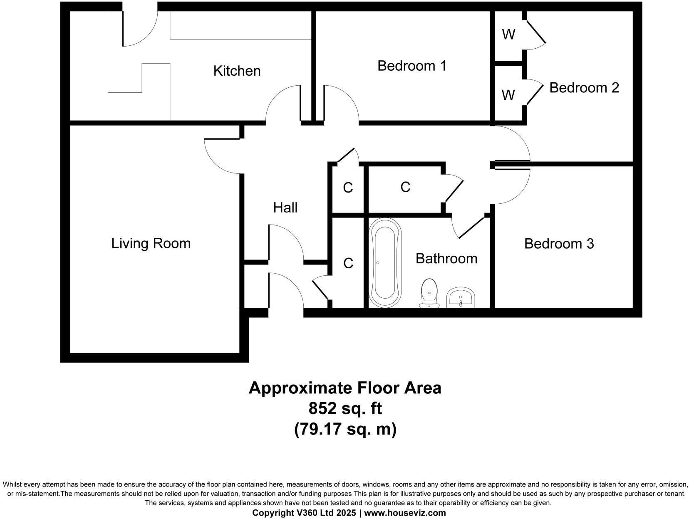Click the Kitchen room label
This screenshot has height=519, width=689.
pyautogui.click(x=237, y=71)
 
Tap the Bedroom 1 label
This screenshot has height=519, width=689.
pyautogui.click(x=411, y=66)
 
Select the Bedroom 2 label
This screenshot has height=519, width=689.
pyautogui.click(x=584, y=88)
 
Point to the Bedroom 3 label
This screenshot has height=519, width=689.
pyautogui.click(x=558, y=243)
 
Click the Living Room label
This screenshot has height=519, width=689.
pyautogui.click(x=151, y=243)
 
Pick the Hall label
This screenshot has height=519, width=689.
pyautogui.click(x=285, y=208)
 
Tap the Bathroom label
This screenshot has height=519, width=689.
pyautogui.click(x=446, y=258)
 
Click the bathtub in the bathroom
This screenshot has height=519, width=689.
pyautogui.click(x=386, y=263)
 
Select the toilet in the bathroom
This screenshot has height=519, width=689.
pyautogui.click(x=429, y=293)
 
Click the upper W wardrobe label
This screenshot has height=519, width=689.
pyautogui.click(x=508, y=35)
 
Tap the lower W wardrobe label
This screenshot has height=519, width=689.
pyautogui.click(x=508, y=95)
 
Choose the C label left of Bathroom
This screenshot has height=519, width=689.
pyautogui.click(x=348, y=263)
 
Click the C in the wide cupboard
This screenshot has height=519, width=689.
pyautogui.click(x=405, y=187)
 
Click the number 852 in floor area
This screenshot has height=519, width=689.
pyautogui.click(x=322, y=408)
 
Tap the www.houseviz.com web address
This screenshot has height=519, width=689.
pyautogui.click(x=405, y=513)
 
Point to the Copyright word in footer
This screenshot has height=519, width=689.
pyautogui.click(x=270, y=513)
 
